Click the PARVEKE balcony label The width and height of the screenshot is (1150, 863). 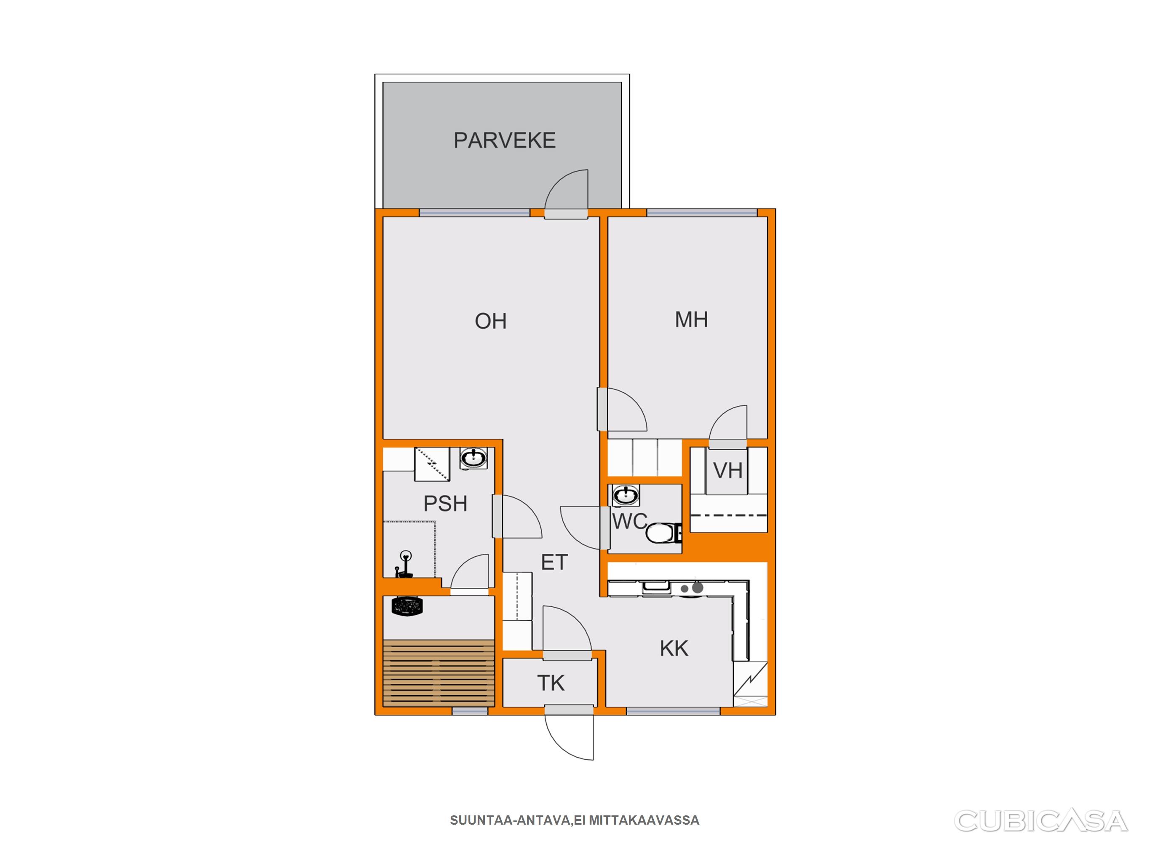[504, 140]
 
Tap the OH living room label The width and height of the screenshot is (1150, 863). [490, 321]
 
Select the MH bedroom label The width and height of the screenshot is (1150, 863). [691, 319]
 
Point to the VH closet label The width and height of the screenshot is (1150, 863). [727, 470]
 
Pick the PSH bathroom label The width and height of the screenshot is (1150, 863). [445, 504]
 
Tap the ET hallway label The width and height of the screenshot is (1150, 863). [554, 562]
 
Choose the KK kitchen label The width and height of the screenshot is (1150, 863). [674, 649]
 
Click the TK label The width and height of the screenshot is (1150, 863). [551, 683]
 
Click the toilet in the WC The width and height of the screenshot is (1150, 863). [664, 533]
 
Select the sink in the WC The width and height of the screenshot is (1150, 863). [626, 495]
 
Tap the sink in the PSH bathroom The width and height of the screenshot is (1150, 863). [473, 459]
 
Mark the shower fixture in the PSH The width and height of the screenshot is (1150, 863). [404, 564]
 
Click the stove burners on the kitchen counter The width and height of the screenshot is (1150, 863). [693, 588]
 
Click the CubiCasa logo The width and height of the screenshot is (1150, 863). [1040, 821]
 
